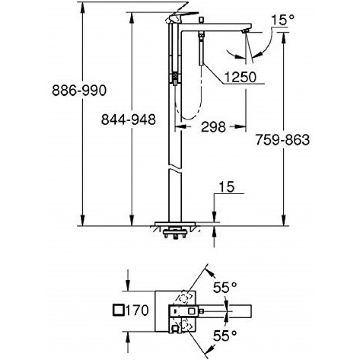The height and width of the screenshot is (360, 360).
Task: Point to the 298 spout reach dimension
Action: [x=213, y=127]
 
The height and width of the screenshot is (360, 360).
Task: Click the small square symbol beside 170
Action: [x=118, y=309]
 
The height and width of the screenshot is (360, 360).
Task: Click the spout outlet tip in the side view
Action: [x=245, y=32]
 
